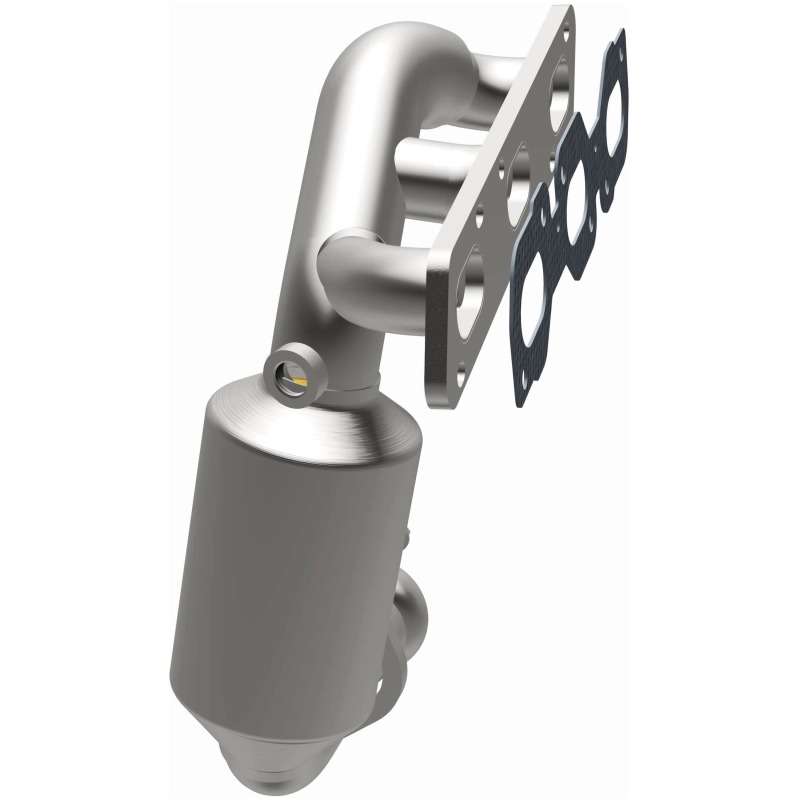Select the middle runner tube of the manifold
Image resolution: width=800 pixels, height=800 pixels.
pyautogui.click(x=440, y=160)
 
